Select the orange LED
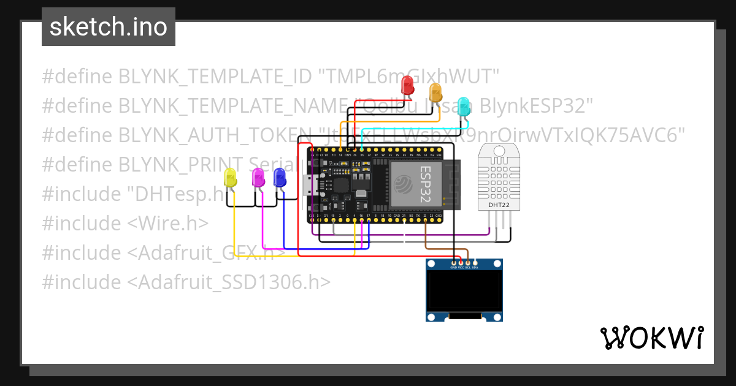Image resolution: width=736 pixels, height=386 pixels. coord(435,93)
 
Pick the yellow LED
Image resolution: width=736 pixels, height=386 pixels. coord(231,178)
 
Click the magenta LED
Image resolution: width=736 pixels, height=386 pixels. coord(259,178)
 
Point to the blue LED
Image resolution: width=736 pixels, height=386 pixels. coord(280,178)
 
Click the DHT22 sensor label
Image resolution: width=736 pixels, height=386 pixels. coord(498,205)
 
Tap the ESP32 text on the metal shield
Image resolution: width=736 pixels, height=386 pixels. coord(426,184)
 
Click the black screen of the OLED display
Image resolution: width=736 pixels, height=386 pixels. coord(464,292)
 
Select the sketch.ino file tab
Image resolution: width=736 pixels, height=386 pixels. coord(109,27)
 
